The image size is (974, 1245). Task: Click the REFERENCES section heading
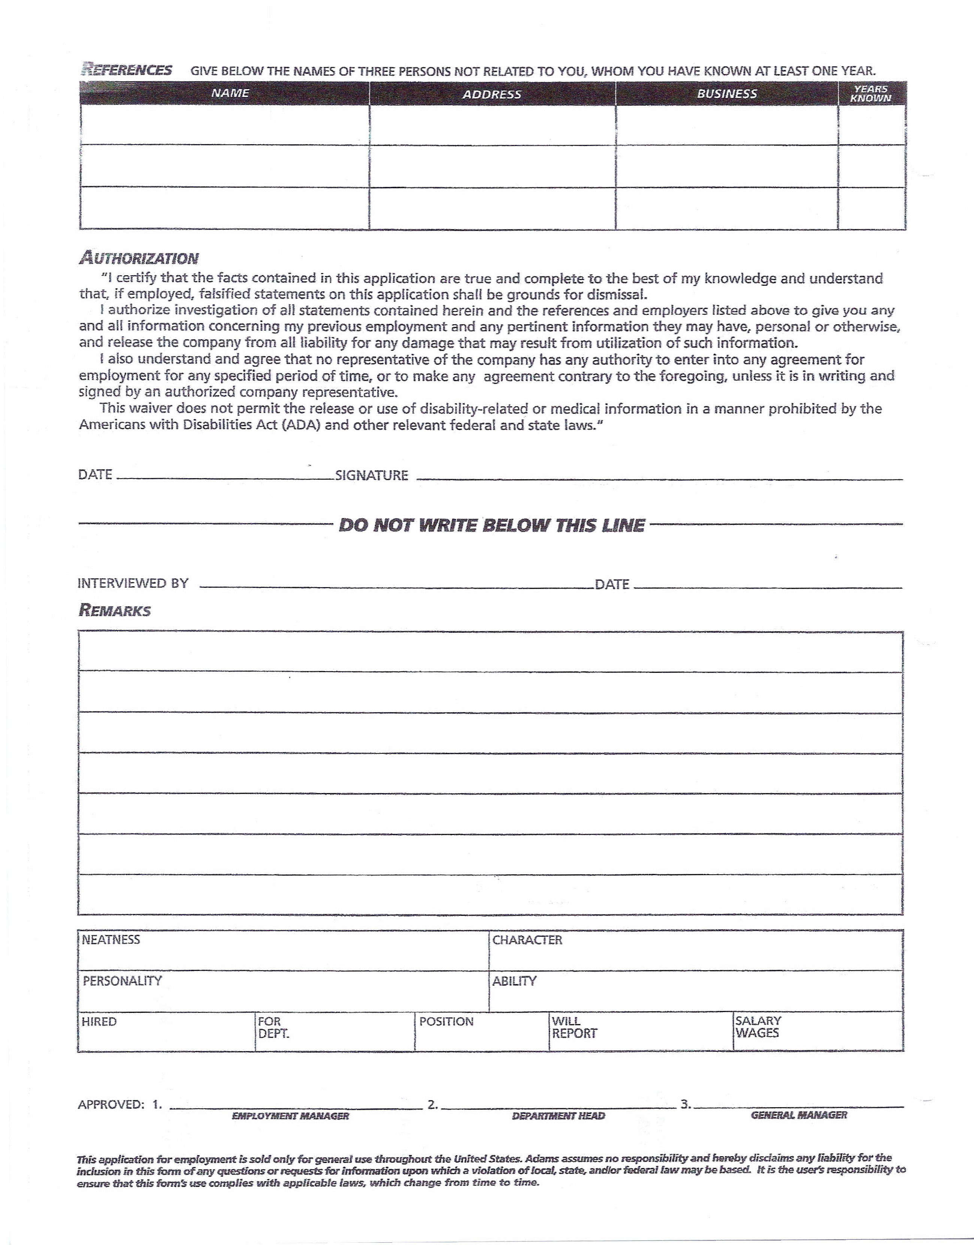click(x=127, y=70)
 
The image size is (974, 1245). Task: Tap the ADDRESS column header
click(x=491, y=94)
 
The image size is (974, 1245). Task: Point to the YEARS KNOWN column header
click(x=870, y=94)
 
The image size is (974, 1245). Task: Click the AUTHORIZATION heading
click(x=139, y=258)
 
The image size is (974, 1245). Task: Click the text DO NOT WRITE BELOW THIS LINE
click(x=491, y=525)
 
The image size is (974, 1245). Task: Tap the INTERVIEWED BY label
click(x=133, y=583)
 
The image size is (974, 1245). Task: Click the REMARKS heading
click(x=115, y=611)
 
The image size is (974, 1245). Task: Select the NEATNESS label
click(x=111, y=939)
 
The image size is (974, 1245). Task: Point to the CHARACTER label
click(x=527, y=940)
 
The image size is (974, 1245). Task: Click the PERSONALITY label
click(x=122, y=981)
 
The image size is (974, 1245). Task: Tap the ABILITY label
click(x=514, y=981)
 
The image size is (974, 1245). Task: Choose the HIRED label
click(x=99, y=1021)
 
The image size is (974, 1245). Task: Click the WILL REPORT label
click(x=574, y=1027)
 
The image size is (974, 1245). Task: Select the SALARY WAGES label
click(x=757, y=1027)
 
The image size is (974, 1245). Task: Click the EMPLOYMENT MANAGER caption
click(x=290, y=1115)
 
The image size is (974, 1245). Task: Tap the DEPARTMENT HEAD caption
click(x=558, y=1115)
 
